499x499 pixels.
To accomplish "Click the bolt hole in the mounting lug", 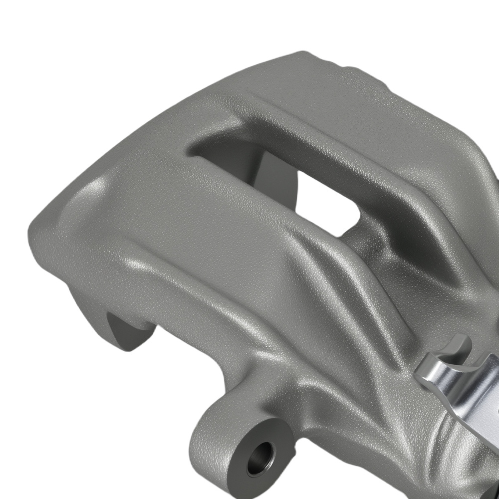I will click(260, 454).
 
